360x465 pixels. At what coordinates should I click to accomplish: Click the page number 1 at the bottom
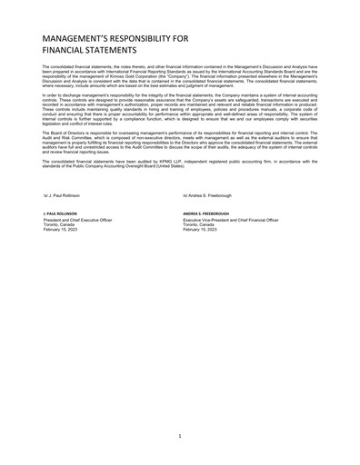(x=180, y=436)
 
